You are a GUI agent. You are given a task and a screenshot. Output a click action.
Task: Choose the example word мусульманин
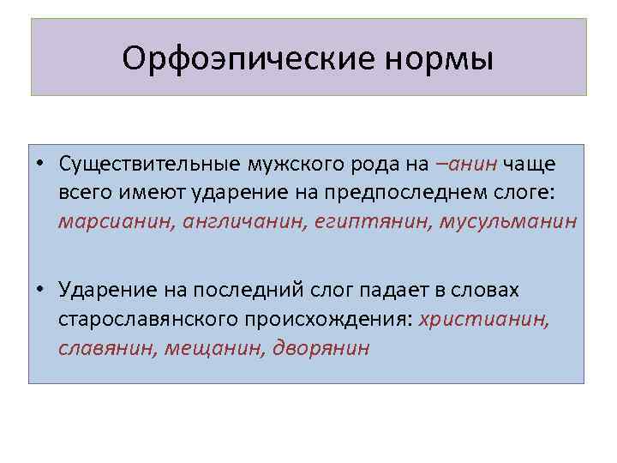[508, 221]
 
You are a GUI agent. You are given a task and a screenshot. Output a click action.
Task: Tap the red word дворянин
[320, 350]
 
